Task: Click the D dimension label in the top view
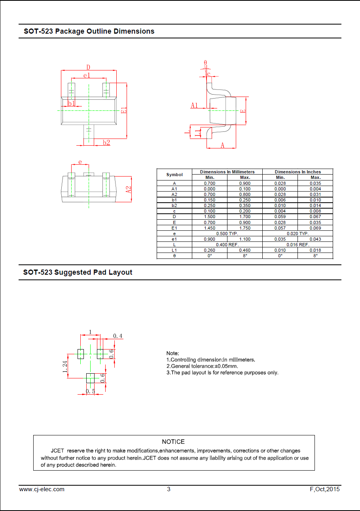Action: coord(88,67)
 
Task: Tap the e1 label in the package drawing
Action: coord(87,75)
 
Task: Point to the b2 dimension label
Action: coord(106,142)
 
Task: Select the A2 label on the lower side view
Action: coord(129,190)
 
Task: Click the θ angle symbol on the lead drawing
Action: coord(205,63)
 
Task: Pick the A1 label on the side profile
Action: coord(194,105)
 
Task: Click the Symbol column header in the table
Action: coord(174,175)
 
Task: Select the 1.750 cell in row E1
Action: coord(245,228)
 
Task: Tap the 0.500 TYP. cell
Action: coord(227,234)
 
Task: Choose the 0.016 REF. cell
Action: coord(298,245)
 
